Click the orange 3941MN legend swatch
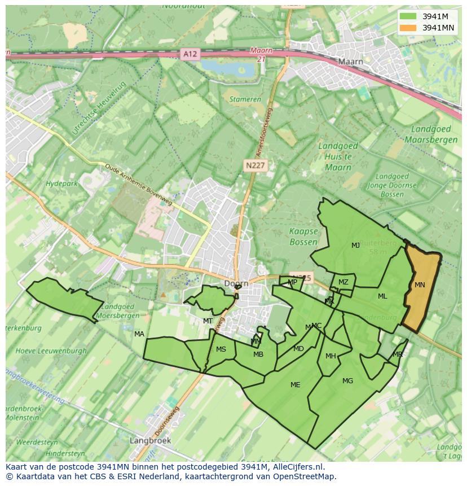point(409,28)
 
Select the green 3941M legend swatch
point(409,16)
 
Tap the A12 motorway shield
point(190,54)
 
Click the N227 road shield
point(255,165)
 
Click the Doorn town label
point(236,283)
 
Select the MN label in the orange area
point(420,285)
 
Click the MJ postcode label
point(355,246)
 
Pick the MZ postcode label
point(343,282)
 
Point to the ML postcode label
point(382,296)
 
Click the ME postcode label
point(295,385)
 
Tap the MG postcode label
point(347,381)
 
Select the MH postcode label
point(331,356)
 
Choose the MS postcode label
point(221,349)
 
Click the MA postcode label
point(139,334)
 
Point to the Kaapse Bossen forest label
point(303,237)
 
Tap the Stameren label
point(245,99)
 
